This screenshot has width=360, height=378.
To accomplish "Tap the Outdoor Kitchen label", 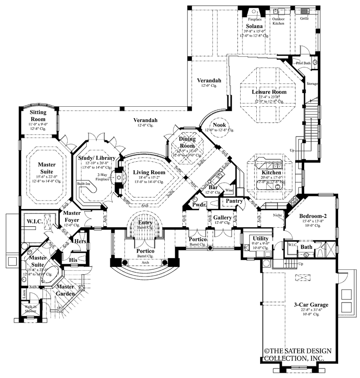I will pyautogui.click(x=279, y=21).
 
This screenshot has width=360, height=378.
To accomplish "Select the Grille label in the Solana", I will pyautogui.click(x=304, y=18).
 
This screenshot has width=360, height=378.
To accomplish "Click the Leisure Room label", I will pyautogui.click(x=269, y=92).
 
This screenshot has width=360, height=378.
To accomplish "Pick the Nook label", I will pyautogui.click(x=219, y=124).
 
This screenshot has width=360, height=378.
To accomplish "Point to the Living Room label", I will pyautogui.click(x=149, y=172).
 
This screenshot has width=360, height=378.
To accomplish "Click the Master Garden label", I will pyautogui.click(x=66, y=290).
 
